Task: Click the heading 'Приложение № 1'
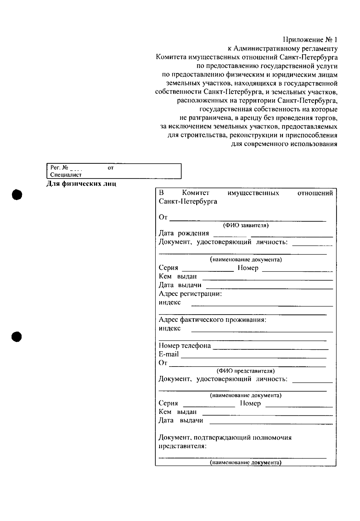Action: (x=310, y=40)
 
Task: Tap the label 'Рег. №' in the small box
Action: (x=59, y=168)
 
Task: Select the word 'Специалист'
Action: (x=66, y=175)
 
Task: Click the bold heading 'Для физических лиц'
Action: (x=81, y=184)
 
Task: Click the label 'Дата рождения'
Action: (x=184, y=233)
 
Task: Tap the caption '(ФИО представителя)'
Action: (x=246, y=371)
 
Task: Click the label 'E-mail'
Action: (x=169, y=354)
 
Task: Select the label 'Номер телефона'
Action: (x=184, y=346)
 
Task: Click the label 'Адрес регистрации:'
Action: (x=190, y=294)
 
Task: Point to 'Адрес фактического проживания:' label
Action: (x=212, y=320)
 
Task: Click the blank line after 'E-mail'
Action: (x=253, y=357)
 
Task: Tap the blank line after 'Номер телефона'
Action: (x=270, y=349)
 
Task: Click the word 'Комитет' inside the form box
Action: (x=196, y=193)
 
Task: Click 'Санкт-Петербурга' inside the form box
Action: (x=188, y=202)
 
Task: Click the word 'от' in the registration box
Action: (x=110, y=168)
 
